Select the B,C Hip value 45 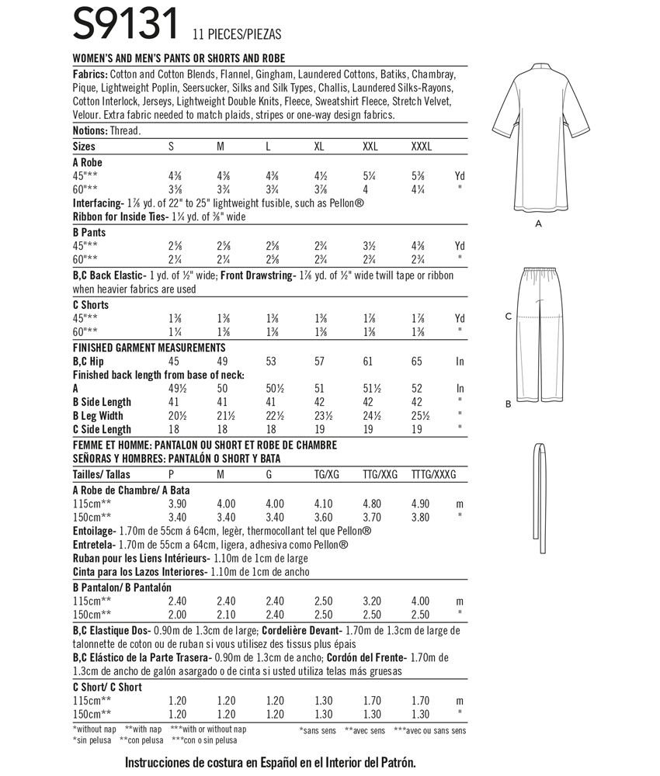pyautogui.click(x=174, y=361)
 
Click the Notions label pyautogui.click(x=89, y=131)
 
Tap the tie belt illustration pyautogui.click(x=537, y=497)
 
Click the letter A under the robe pyautogui.click(x=537, y=224)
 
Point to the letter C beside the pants pyautogui.click(x=507, y=317)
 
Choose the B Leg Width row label pyautogui.click(x=98, y=416)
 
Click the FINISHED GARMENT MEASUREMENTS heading pyautogui.click(x=148, y=347)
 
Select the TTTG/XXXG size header pyautogui.click(x=429, y=473)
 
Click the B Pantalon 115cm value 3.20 pyautogui.click(x=373, y=601)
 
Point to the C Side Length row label pyautogui.click(x=101, y=429)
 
